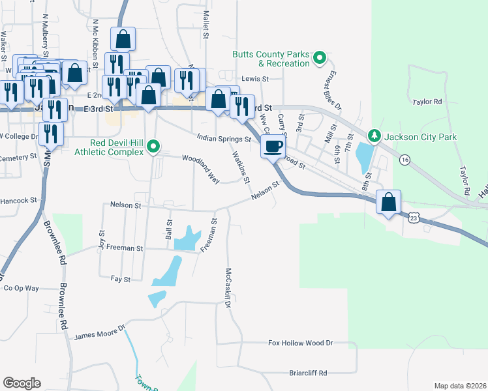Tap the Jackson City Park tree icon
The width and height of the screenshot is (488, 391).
pos(374,136)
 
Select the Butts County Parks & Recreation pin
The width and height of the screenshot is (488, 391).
pos(320,59)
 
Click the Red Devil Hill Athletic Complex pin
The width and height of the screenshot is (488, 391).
pos(154,147)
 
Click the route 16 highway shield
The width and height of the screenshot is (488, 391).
pos(405,159)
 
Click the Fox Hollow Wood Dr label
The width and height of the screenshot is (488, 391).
pos(301,343)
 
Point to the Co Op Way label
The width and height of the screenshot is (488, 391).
pos(22,287)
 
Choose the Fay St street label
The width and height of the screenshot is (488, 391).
pos(121,279)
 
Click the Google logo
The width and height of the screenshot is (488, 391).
pos(22,383)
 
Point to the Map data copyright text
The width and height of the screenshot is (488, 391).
pos(460,386)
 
